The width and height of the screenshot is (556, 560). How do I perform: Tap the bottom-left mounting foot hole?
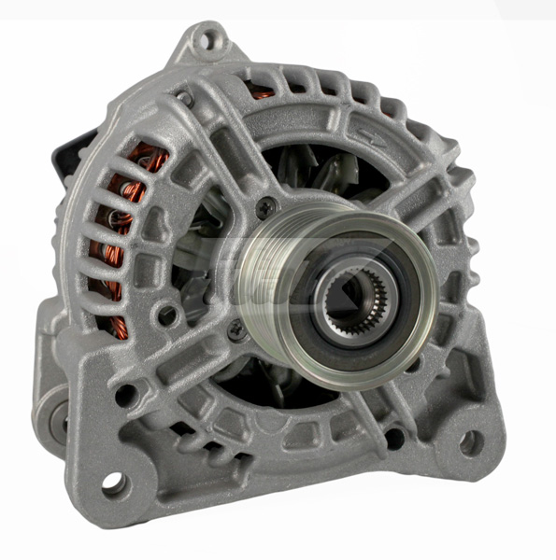(114, 483)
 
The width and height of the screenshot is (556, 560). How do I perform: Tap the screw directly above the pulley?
(267, 207)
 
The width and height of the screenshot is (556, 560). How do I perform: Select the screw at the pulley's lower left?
(237, 329)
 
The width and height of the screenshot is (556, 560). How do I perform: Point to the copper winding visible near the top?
(264, 91)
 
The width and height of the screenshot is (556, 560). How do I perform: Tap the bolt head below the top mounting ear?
(184, 96)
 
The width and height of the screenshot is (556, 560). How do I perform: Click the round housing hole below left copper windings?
(168, 315)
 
